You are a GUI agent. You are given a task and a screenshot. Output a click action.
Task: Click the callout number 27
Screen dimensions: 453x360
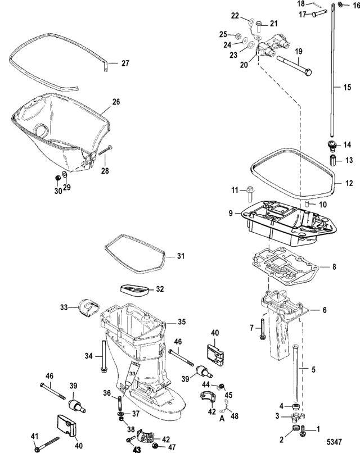click(125, 64)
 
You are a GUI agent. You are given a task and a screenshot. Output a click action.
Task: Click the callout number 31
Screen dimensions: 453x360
click(180, 256)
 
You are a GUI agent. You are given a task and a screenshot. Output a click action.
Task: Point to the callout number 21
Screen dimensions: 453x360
click(273, 23)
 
